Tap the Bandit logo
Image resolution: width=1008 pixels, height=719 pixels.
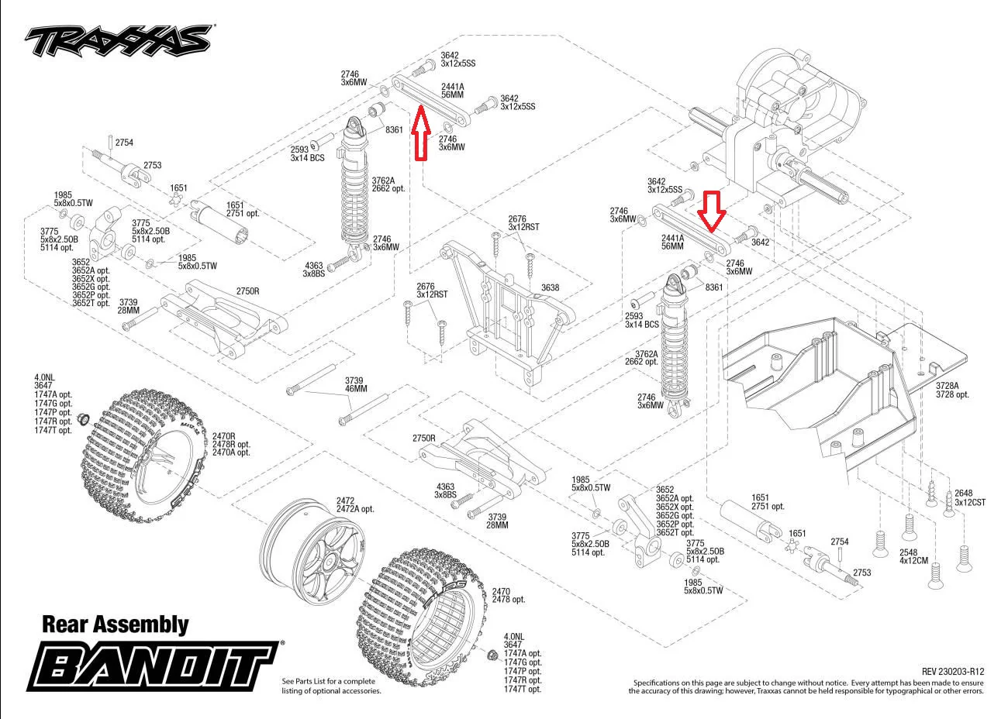pyautogui.click(x=154, y=665)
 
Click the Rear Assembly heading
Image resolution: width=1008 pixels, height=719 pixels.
pyautogui.click(x=115, y=624)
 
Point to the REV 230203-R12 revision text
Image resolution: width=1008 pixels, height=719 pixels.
pyautogui.click(x=953, y=672)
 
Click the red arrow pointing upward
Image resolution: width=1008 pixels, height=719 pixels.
pyautogui.click(x=420, y=135)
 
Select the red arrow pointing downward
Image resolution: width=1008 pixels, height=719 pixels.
pyautogui.click(x=712, y=210)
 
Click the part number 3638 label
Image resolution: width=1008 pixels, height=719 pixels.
pyautogui.click(x=550, y=288)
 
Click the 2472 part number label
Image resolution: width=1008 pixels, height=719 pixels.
pyautogui.click(x=345, y=501)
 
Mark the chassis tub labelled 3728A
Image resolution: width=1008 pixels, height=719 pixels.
pyautogui.click(x=822, y=387)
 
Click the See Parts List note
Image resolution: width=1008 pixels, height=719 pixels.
pyautogui.click(x=331, y=685)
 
